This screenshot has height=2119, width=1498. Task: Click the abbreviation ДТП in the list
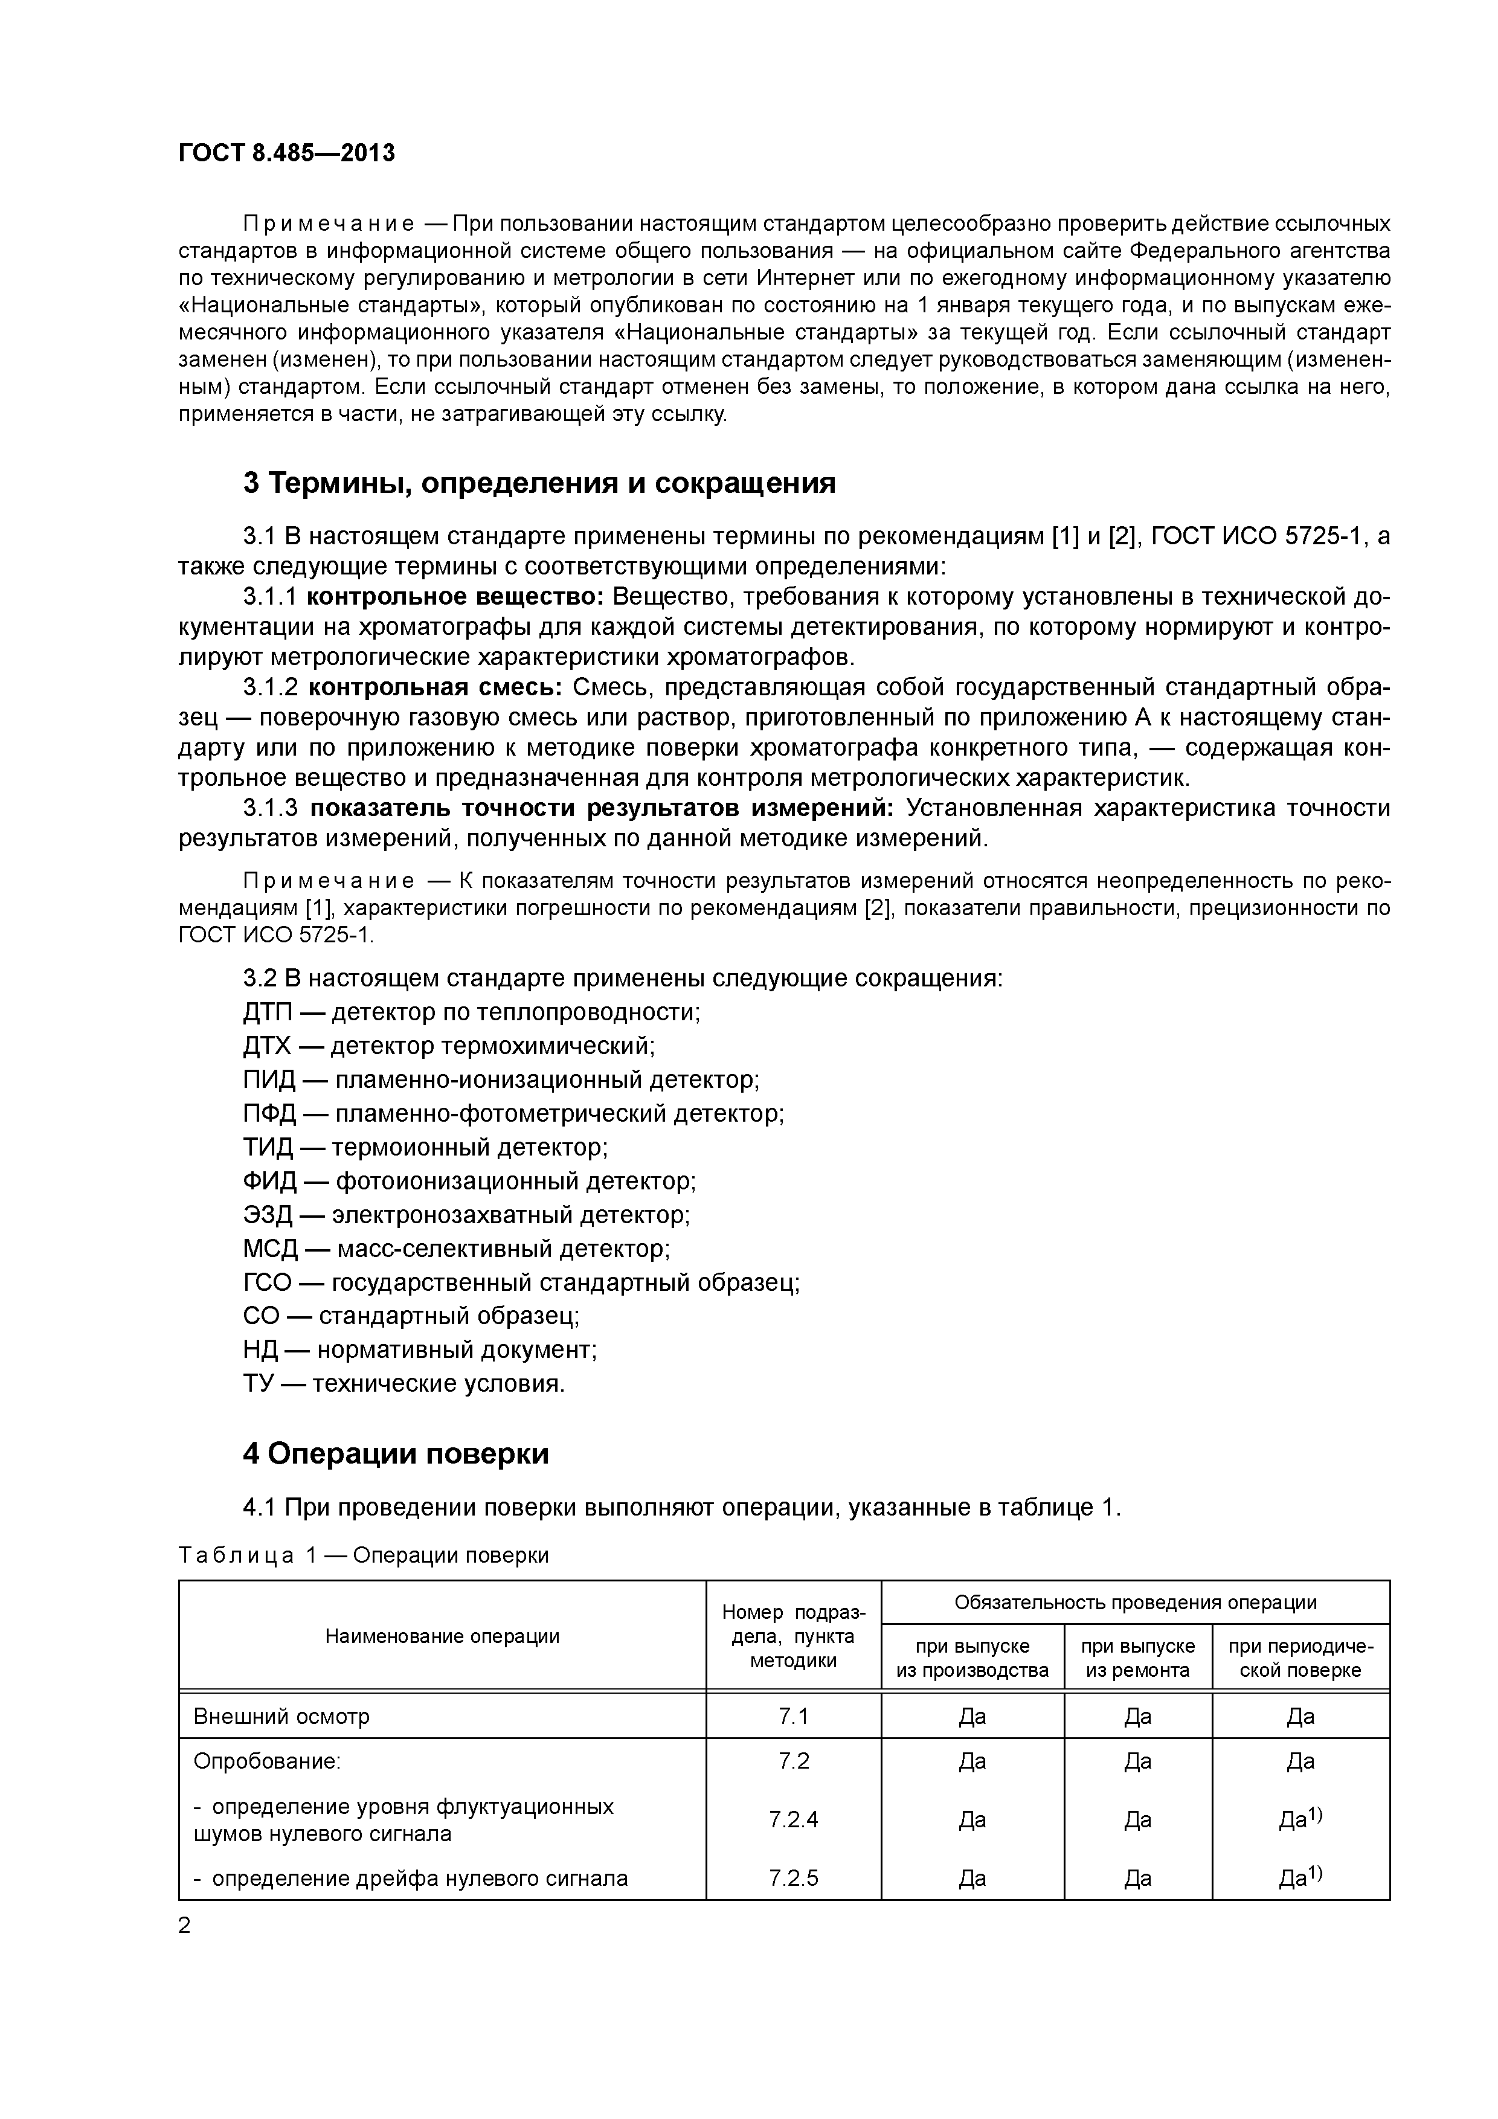click(x=267, y=1012)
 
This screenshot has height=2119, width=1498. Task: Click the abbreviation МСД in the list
click(x=269, y=1249)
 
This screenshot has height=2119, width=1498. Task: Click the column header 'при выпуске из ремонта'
click(x=1137, y=1659)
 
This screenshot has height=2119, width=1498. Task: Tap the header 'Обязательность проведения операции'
click(x=1134, y=1602)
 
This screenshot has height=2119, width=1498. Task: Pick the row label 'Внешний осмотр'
click(x=281, y=1717)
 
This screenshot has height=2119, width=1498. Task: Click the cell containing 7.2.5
click(x=793, y=1878)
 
